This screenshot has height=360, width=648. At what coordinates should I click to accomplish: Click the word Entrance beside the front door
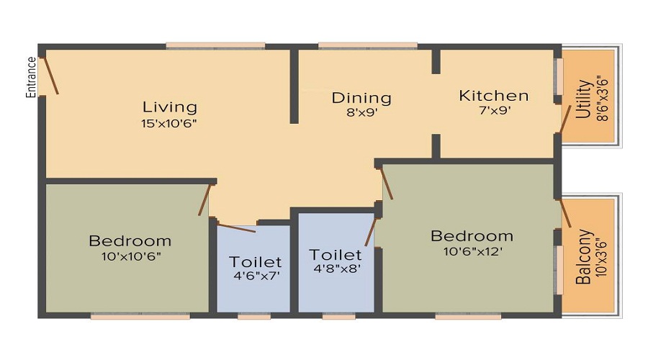(31, 77)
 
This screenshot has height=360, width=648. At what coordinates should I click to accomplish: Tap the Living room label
(170, 107)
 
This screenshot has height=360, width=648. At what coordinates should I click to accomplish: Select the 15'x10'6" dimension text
(170, 122)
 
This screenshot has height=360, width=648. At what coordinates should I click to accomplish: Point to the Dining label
(361, 98)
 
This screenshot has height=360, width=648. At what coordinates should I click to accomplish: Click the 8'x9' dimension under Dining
(361, 112)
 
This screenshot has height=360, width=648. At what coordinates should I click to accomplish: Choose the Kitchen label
(494, 96)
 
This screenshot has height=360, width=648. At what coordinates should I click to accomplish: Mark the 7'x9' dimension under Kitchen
(494, 112)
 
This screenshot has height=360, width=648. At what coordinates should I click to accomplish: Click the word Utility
(584, 99)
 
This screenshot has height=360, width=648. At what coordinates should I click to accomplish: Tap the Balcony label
(584, 257)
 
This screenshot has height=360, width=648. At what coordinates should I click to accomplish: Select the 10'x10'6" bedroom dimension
(130, 256)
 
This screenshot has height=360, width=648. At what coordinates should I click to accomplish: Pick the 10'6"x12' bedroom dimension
(472, 251)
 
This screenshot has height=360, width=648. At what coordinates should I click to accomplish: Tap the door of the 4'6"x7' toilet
(235, 228)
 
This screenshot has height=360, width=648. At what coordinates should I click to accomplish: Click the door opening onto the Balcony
(565, 212)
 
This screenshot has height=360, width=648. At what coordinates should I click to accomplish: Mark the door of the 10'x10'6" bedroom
(204, 199)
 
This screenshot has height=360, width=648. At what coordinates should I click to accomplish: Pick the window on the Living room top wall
(212, 46)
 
